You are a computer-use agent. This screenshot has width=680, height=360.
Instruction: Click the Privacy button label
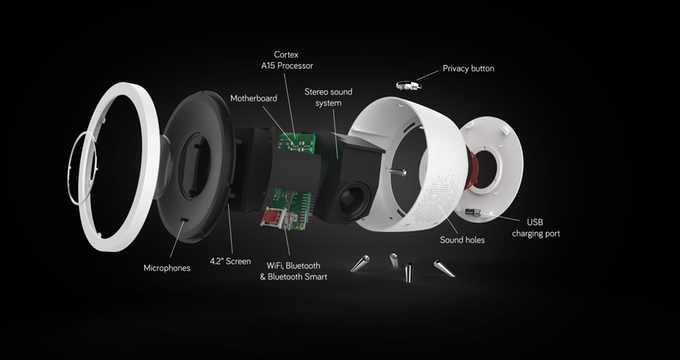click(468, 69)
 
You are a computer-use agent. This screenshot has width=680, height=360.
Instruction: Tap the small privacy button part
click(409, 85)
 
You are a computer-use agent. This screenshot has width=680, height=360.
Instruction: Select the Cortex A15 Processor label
click(287, 60)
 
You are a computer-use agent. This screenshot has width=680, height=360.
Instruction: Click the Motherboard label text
click(254, 98)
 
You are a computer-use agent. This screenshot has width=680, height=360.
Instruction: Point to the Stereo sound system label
click(328, 98)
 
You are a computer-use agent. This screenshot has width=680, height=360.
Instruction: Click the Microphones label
click(167, 268)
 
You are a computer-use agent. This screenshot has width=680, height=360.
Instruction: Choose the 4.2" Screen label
click(230, 262)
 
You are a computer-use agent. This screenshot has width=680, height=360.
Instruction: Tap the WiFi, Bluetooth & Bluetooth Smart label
click(294, 271)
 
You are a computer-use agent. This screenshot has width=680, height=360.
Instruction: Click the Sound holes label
click(462, 240)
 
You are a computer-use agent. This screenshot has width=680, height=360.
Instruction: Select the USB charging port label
click(536, 228)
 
